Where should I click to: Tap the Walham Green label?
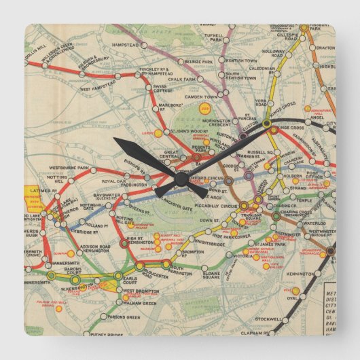138,303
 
